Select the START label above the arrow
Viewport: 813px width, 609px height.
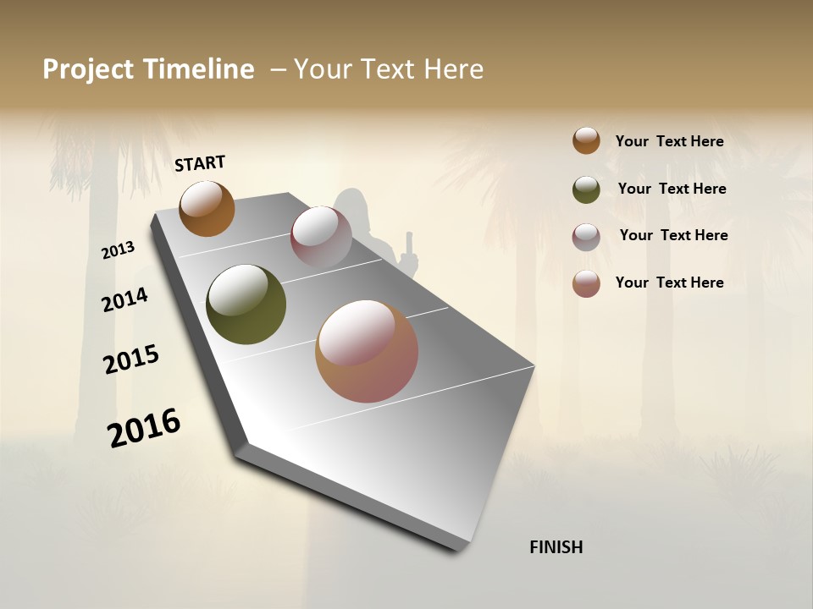200,163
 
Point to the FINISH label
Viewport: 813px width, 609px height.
556,547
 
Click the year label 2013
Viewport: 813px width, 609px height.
119,250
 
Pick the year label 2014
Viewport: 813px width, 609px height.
124,299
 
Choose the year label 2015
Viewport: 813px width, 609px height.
131,359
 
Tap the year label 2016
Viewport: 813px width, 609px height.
144,428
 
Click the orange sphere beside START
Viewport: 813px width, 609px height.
207,208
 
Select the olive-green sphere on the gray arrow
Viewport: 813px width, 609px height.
246,304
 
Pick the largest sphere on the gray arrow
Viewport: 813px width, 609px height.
367,351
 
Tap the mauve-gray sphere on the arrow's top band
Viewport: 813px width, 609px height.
321,236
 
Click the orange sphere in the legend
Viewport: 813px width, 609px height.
586,140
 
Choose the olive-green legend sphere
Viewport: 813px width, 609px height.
586,189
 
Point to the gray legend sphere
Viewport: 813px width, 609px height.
586,237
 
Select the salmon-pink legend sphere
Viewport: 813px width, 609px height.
586,283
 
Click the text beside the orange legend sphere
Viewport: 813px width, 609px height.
669,141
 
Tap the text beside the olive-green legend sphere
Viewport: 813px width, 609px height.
672,189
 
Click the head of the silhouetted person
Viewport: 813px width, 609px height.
351,204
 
